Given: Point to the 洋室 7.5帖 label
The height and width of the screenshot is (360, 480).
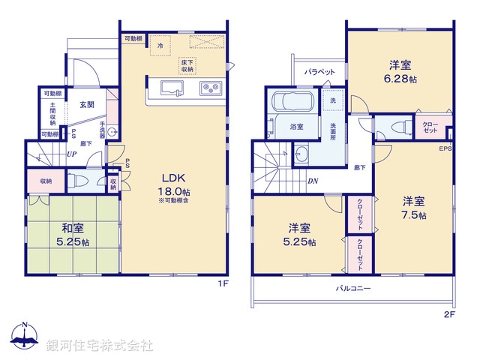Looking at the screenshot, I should click(413, 208).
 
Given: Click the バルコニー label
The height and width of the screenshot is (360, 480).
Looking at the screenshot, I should click(353, 288).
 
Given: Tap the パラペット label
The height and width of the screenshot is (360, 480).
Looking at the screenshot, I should click(319, 72).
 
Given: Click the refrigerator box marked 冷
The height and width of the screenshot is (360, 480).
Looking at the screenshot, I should click(160, 46).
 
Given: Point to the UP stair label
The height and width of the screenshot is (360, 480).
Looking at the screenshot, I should click(71, 154).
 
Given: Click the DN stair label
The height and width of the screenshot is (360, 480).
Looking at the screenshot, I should click(311, 181).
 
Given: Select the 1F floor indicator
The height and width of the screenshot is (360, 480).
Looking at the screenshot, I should click(222, 283).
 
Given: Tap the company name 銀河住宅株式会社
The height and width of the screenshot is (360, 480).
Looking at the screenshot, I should click(99, 345).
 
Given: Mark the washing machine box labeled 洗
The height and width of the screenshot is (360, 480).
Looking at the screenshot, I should click(332, 100).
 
